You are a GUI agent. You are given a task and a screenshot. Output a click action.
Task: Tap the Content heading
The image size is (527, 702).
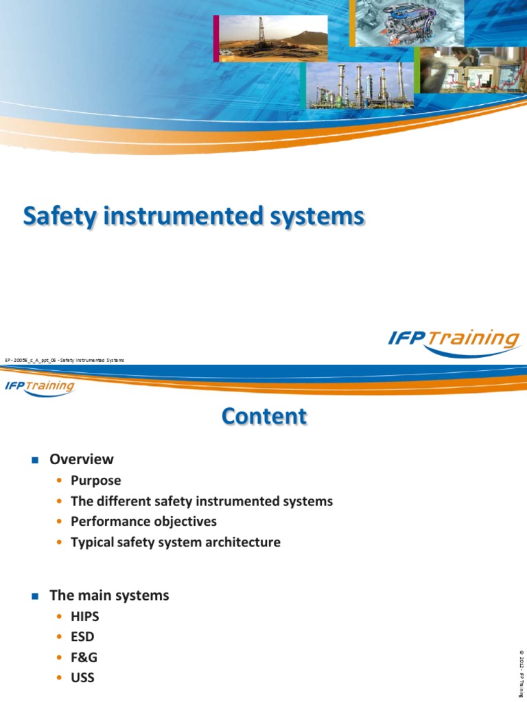click(263, 415)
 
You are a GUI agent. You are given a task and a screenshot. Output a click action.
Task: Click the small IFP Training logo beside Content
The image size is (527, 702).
click(40, 386)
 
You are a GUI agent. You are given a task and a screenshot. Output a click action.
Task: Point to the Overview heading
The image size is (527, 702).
click(82, 459)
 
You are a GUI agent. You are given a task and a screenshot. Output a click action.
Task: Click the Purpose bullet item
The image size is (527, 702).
click(96, 481)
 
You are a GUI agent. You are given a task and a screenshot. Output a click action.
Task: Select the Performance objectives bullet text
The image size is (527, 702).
click(143, 522)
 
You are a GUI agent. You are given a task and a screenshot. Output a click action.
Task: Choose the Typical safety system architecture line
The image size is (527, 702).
click(176, 542)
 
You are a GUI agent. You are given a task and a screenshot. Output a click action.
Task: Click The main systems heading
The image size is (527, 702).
click(109, 596)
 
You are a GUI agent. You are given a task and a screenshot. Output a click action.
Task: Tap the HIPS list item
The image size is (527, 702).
click(85, 617)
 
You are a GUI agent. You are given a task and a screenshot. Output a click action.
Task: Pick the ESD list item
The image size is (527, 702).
click(82, 638)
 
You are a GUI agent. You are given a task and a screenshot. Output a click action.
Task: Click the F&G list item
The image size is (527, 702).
click(84, 658)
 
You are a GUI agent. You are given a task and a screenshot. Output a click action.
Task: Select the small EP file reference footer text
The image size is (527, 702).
click(66, 360)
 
